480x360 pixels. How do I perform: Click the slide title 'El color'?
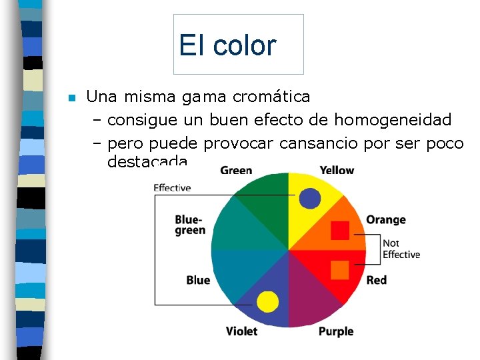(x=227, y=45)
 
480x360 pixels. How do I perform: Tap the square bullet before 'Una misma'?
(x=72, y=98)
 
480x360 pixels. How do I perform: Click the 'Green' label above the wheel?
(x=236, y=171)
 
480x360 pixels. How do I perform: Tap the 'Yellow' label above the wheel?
(x=337, y=171)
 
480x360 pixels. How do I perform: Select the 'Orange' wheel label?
(x=385, y=220)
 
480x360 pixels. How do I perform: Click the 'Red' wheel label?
(x=377, y=280)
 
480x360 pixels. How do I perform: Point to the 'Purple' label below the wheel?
(x=336, y=331)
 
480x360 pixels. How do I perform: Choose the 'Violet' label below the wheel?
(x=241, y=331)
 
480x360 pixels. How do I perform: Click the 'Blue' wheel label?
(x=198, y=280)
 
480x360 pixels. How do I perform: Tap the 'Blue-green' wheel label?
(x=190, y=225)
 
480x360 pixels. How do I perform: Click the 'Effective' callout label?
(x=172, y=188)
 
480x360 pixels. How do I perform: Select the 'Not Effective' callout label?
(x=401, y=249)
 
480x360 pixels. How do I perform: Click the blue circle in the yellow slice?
(x=310, y=197)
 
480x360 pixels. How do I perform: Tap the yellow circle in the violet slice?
(x=267, y=301)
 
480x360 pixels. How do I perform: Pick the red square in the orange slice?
(x=340, y=230)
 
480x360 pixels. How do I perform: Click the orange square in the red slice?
(x=340, y=269)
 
